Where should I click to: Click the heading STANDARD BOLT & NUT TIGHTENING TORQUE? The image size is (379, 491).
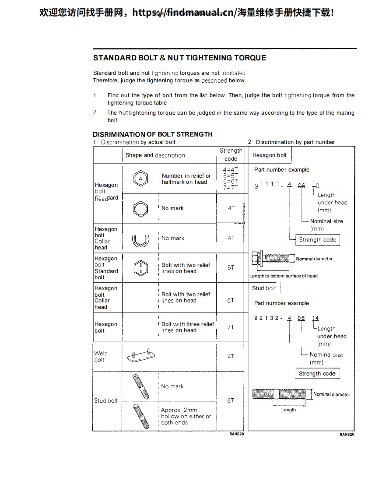pyautogui.click(x=179, y=58)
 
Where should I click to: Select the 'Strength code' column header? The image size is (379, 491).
pyautogui.click(x=231, y=154)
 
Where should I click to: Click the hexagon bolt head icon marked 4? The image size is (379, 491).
pyautogui.click(x=140, y=179)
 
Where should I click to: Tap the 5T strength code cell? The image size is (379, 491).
pyautogui.click(x=231, y=267)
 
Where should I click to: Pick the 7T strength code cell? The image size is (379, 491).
pyautogui.click(x=231, y=327)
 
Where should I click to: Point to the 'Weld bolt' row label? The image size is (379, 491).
pyautogui.click(x=101, y=356)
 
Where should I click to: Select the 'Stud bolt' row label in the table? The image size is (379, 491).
pyautogui.click(x=106, y=400)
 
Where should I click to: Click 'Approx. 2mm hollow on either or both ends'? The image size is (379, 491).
pyautogui.click(x=186, y=416)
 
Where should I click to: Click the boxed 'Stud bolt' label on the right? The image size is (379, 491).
pyautogui.click(x=264, y=288)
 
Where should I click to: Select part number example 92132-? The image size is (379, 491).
pyautogui.click(x=268, y=318)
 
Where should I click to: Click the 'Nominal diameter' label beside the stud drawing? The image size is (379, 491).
pyautogui.click(x=331, y=394)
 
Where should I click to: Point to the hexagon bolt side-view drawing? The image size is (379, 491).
pyautogui.click(x=270, y=259)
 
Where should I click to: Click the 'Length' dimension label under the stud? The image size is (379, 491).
pyautogui.click(x=288, y=410)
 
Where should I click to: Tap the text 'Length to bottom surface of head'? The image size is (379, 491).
pyautogui.click(x=283, y=276)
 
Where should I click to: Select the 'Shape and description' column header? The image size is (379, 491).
pyautogui.click(x=155, y=155)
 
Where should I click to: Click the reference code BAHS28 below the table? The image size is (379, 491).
pyautogui.click(x=236, y=434)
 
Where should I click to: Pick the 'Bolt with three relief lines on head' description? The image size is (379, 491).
pyautogui.click(x=187, y=327)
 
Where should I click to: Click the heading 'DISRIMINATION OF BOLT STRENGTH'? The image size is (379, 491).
pyautogui.click(x=153, y=134)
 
